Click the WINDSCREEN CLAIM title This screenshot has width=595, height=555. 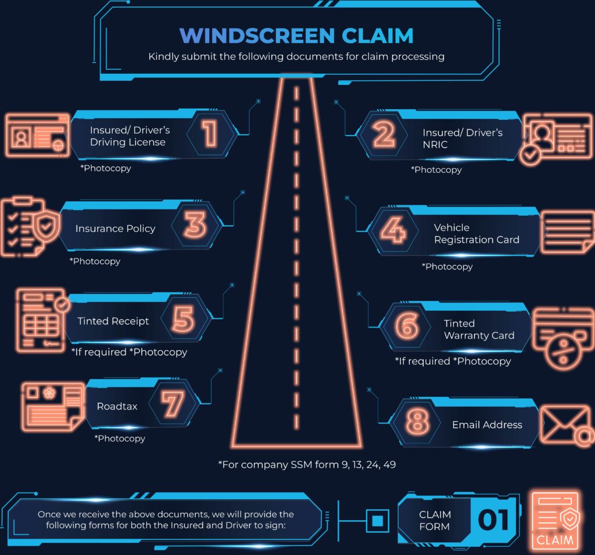296,35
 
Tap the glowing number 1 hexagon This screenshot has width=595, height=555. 210,133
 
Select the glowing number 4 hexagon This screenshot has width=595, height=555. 393,230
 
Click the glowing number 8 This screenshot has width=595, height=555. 417,421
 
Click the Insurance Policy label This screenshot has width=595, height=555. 116,228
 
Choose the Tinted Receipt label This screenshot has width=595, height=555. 113,321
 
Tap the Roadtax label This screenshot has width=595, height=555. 117,406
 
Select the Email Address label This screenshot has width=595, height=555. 488,424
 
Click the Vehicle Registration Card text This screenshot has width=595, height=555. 476,233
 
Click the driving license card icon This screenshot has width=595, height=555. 38,135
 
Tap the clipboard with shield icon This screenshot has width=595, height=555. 30,227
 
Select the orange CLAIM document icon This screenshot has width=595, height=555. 555,521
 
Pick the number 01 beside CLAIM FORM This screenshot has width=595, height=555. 493,520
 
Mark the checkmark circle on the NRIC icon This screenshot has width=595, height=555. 530,155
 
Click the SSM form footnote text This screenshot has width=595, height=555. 307,465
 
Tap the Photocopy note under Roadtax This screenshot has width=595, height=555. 120,439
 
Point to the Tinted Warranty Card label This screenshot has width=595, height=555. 479,329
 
